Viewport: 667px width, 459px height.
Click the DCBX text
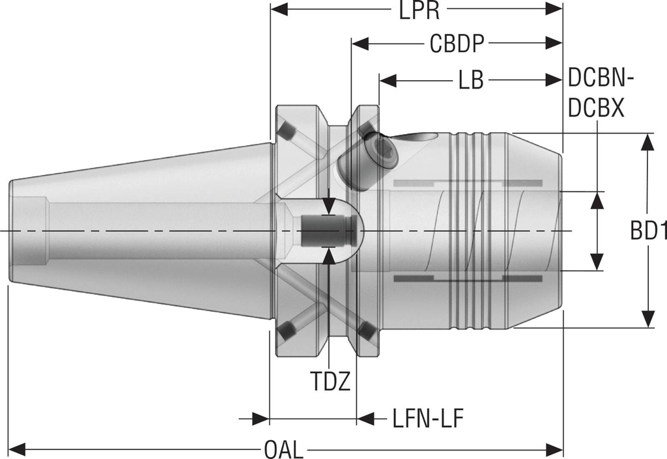(596, 107)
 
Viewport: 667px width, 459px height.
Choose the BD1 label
(648, 232)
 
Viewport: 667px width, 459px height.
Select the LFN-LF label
(427, 418)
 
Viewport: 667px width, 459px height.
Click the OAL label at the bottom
(284, 449)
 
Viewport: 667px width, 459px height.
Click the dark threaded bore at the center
(324, 230)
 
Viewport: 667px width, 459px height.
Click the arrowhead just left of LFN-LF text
(365, 418)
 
